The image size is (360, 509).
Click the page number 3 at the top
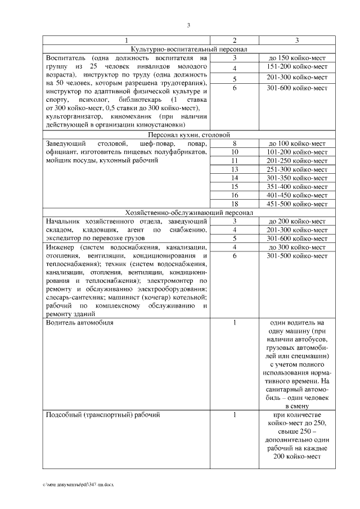click(x=188, y=25)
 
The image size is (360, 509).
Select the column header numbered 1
click(x=127, y=40)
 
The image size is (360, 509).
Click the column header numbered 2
click(x=235, y=40)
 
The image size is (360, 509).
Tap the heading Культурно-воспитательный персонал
click(x=188, y=49)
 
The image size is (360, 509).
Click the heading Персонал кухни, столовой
click(x=188, y=136)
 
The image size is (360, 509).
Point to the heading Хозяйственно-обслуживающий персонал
click(x=188, y=213)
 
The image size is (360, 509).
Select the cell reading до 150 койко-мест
click(x=297, y=58)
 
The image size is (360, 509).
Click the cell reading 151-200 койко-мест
click(x=297, y=67)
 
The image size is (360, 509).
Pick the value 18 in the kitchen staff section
click(x=235, y=204)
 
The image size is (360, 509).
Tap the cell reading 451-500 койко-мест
click(x=297, y=204)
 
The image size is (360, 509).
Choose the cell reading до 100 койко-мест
click(x=297, y=143)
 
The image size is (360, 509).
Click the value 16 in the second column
click(x=235, y=195)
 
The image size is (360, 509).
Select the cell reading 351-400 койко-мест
click(x=297, y=186)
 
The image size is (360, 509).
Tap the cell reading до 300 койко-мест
click(x=297, y=247)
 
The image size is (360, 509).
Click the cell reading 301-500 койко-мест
click(x=297, y=256)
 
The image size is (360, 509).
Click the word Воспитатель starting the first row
click(x=66, y=58)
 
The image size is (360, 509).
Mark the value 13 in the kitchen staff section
click(x=235, y=169)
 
